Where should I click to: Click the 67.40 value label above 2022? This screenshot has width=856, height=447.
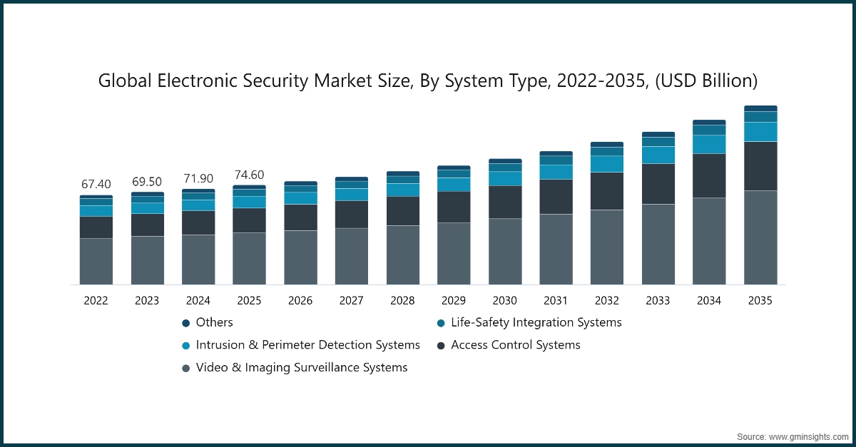coord(96,185)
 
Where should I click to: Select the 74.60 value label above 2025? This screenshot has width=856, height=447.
coord(249,175)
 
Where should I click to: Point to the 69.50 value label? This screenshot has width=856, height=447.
coord(147,182)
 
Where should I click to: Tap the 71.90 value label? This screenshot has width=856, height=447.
coord(198,179)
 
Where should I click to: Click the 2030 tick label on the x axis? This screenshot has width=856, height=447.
coord(504,301)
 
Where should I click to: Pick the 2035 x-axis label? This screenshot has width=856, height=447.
coord(760,301)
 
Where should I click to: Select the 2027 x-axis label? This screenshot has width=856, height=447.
coord(352,301)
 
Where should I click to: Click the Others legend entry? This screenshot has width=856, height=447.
coord(214,322)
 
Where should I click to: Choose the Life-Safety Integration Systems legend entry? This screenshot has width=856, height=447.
coord(536,322)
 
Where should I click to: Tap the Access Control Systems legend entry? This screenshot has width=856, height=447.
coord(515,345)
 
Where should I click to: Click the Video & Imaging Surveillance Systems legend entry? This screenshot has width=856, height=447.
coord(301,368)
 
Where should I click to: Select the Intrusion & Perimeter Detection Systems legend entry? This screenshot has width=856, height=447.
coord(307,345)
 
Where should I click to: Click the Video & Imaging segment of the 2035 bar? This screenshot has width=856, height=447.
coord(760,237)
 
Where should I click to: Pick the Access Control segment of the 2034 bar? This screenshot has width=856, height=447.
coord(709,175)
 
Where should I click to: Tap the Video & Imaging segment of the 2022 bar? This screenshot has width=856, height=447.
coord(96,262)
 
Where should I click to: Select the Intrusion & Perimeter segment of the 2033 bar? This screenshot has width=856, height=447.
coord(658,155)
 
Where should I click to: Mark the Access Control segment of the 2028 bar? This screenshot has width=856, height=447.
coord(402,211)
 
